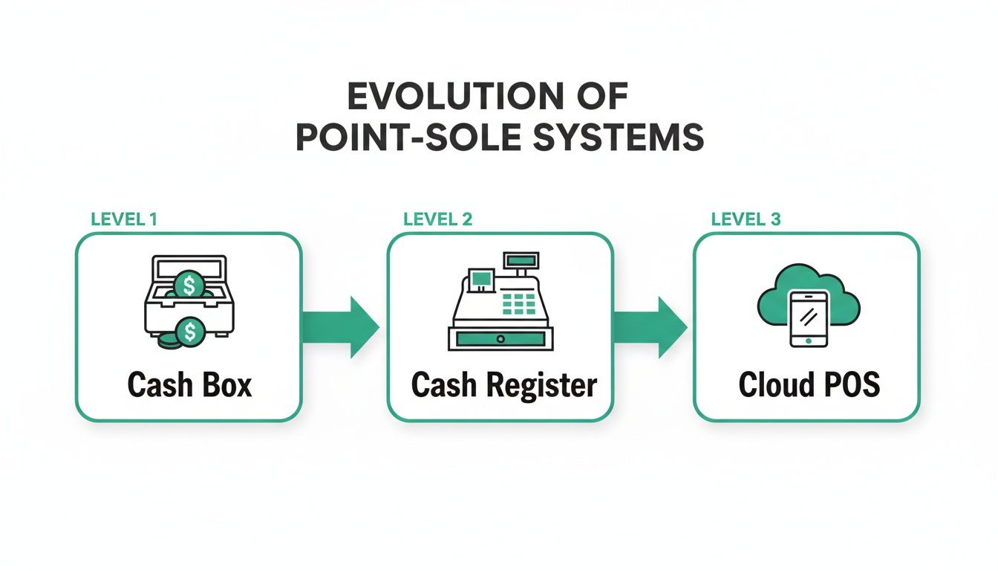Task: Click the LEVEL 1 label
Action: click(123, 219)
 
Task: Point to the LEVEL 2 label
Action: click(437, 219)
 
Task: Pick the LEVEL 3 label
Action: click(746, 219)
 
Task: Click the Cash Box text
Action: click(189, 385)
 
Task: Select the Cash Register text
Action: click(503, 385)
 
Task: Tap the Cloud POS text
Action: click(809, 385)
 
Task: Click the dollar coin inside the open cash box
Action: click(188, 285)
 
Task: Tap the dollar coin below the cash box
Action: click(189, 332)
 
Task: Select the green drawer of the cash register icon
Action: click(501, 338)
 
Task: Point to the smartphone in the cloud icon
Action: click(809, 319)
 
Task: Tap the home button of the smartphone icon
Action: click(809, 341)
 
